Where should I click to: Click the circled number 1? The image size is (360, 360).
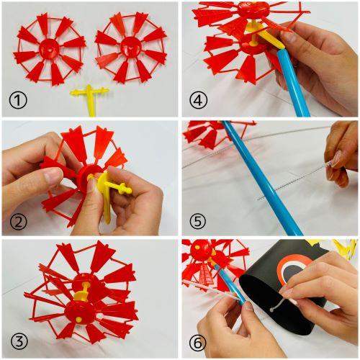[x=18, y=101]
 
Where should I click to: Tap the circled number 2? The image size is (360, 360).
[x=18, y=221]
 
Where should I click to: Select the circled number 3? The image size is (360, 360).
[x=19, y=341]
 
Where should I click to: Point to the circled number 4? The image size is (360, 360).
[x=198, y=101]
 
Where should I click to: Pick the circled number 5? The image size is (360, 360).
[x=197, y=221]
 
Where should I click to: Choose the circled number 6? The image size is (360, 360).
[x=197, y=343]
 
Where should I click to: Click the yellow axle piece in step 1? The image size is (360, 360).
[x=90, y=99]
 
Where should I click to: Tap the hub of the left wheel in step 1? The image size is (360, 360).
[x=49, y=49]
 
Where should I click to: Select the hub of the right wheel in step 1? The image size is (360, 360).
[x=130, y=48]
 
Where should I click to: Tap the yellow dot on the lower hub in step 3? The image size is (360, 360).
[x=78, y=320]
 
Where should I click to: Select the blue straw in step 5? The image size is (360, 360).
[x=262, y=178]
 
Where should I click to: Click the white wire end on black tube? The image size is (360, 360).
[x=271, y=310]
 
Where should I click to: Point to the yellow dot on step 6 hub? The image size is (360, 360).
[x=197, y=247]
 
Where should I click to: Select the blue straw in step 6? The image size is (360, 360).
[x=230, y=282]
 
